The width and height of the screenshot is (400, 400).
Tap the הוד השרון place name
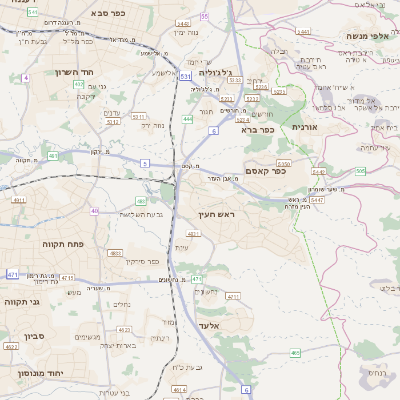(x=102, y=73)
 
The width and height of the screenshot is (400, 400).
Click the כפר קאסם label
(x=265, y=170)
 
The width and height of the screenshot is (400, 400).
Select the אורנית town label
(x=304, y=127)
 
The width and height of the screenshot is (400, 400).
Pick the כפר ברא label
(x=256, y=129)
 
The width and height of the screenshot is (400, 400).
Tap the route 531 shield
(x=186, y=75)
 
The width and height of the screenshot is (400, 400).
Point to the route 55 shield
(x=205, y=16)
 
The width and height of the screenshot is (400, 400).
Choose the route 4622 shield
(x=11, y=347)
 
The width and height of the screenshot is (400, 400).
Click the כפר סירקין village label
(x=141, y=260)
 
